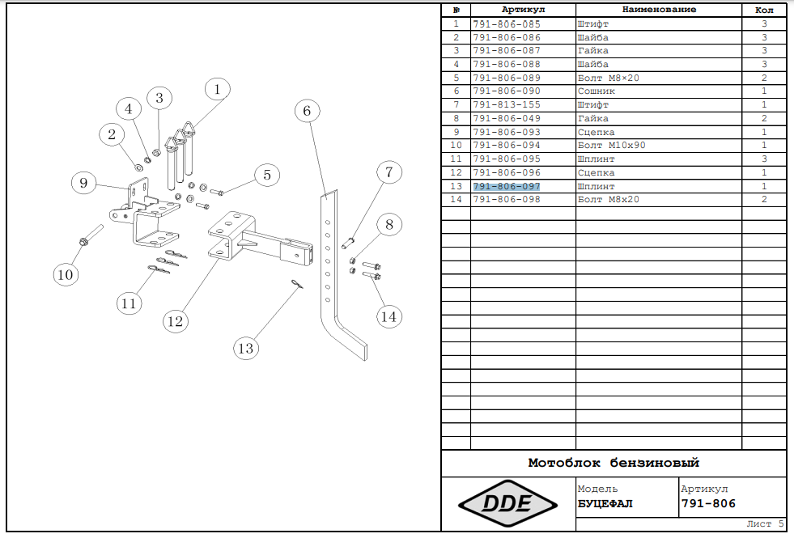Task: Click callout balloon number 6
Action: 307,111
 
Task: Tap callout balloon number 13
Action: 245,348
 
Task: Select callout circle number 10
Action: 66,274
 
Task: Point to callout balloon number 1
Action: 217,90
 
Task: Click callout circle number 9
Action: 83,183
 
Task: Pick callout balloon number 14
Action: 389,316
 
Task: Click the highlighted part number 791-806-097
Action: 507,186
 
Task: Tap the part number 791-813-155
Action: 507,104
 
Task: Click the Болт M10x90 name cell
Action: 611,146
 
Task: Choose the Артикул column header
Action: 523,10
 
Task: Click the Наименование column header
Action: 659,10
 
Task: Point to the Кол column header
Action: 764,11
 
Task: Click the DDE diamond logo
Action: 507,504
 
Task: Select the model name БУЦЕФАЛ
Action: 605,504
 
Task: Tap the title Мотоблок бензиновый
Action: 614,463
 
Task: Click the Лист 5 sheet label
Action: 765,523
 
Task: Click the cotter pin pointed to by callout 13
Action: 297,284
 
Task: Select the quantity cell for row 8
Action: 764,118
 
